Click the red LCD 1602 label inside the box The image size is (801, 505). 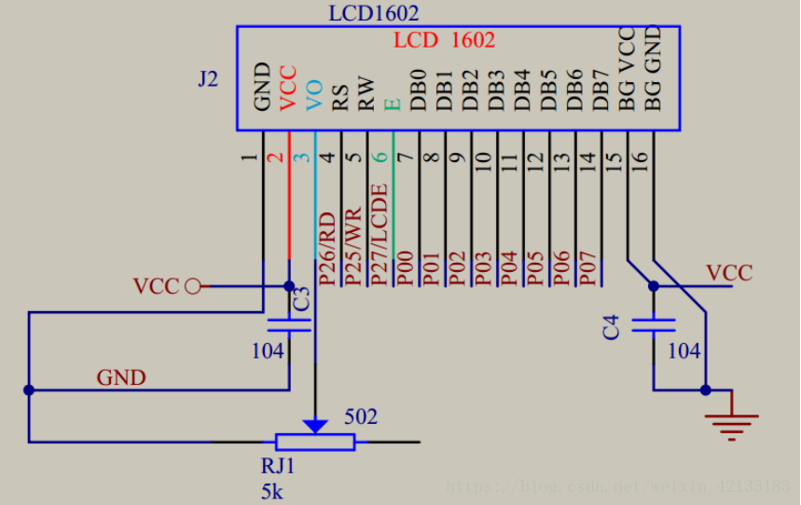pyautogui.click(x=444, y=40)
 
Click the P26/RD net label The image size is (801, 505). pyautogui.click(x=326, y=248)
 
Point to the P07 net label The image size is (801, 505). pyautogui.click(x=587, y=265)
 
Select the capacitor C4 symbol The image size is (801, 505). pyautogui.click(x=654, y=326)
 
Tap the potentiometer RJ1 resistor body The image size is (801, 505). pyautogui.click(x=315, y=442)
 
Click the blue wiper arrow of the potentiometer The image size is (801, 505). pyautogui.click(x=316, y=425)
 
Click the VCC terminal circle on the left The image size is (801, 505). pyautogui.click(x=192, y=286)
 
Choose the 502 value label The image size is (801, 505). pyautogui.click(x=361, y=416)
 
